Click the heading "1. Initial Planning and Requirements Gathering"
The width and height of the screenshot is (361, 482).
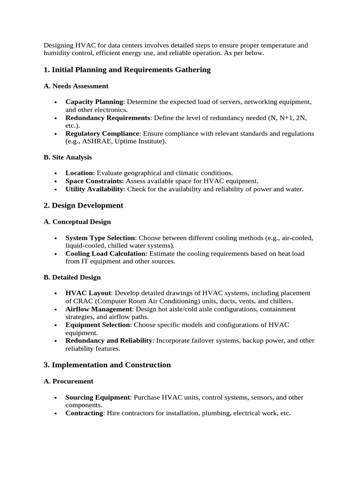coord(127,70)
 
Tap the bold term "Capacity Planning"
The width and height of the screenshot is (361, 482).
coord(94,102)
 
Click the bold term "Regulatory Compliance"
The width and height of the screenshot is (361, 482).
coord(102,134)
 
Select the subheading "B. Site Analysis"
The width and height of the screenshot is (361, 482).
coord(68,157)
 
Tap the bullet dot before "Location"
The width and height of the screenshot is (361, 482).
coord(55,174)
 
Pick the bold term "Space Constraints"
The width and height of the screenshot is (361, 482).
coord(94,181)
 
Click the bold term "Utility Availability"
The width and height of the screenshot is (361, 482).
coord(94,189)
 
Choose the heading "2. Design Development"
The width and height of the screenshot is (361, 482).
coord(83,206)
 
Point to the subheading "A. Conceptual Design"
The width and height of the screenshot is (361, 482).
coord(77,222)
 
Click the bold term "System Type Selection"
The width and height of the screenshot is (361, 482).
coord(100,238)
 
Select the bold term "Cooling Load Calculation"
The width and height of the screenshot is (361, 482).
coord(106,254)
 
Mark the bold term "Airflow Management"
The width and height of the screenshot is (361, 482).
coord(99,309)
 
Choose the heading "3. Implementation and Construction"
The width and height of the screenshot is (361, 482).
coord(107,365)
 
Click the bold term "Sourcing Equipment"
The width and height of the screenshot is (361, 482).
coord(98,397)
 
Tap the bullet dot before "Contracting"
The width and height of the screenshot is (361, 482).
coord(55,414)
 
